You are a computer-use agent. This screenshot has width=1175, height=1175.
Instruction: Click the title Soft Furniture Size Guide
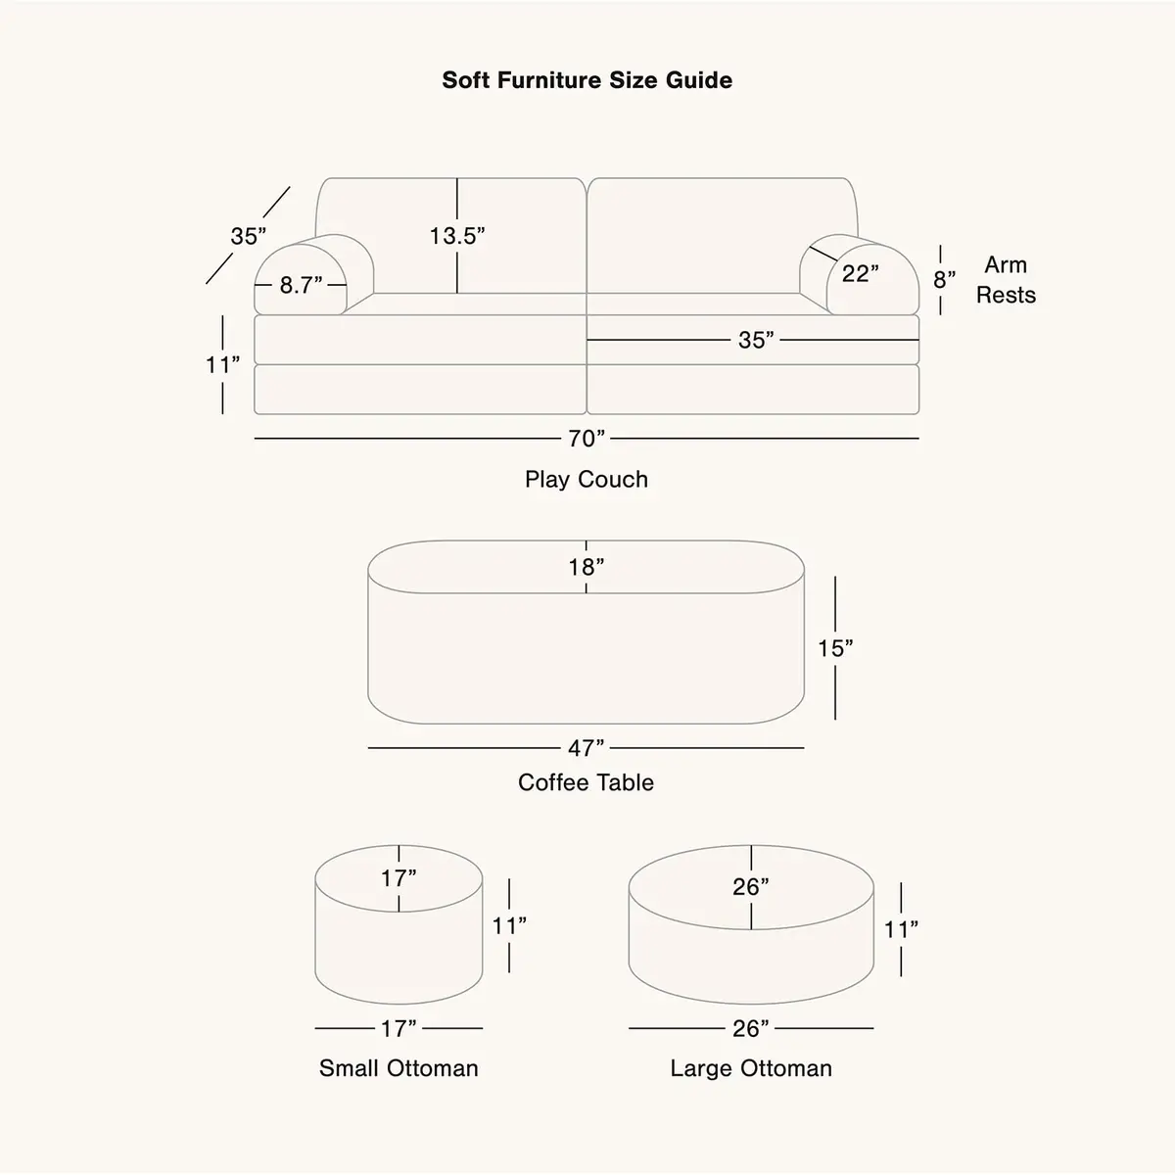(587, 80)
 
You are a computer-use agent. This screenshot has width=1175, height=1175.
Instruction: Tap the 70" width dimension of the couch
(587, 439)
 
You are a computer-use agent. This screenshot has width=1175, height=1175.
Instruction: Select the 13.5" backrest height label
(457, 236)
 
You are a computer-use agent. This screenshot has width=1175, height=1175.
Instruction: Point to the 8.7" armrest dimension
(301, 285)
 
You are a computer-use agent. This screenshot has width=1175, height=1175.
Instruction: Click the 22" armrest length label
(861, 273)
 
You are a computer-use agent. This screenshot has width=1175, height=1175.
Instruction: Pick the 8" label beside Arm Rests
(945, 280)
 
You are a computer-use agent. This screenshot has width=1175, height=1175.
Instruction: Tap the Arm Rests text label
(1007, 280)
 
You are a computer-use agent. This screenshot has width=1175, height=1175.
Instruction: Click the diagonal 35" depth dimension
(248, 236)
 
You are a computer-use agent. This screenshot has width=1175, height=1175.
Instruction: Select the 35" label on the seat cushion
(756, 340)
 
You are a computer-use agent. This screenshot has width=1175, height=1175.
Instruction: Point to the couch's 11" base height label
(222, 364)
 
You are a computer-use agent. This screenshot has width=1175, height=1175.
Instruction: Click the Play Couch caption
(587, 479)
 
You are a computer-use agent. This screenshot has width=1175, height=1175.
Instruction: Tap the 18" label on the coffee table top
(587, 567)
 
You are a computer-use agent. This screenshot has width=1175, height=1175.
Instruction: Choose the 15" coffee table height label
(835, 648)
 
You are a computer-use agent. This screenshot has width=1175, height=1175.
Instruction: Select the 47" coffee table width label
(586, 748)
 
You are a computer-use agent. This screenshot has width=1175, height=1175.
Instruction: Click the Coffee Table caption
(586, 782)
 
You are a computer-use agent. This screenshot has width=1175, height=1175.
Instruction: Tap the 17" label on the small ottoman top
(399, 878)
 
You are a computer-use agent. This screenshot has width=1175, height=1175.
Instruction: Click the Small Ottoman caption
(399, 1068)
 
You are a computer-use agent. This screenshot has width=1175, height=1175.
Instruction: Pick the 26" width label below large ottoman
(751, 1029)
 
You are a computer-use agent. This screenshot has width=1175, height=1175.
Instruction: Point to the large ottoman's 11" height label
(901, 930)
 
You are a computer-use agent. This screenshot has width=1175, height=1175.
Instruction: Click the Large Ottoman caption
(751, 1068)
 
